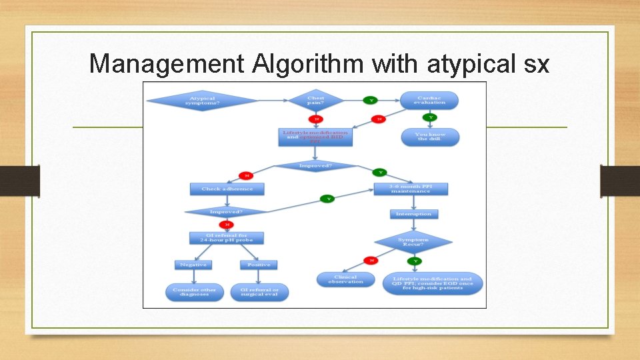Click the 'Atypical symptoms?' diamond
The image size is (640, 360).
point(202,101)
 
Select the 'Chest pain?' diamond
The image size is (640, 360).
point(315,100)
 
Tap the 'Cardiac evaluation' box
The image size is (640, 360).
point(429,100)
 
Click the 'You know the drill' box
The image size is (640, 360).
point(431,137)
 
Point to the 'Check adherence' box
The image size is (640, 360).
point(227,189)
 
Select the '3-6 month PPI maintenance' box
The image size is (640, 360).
point(410,189)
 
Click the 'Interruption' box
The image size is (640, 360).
point(413,214)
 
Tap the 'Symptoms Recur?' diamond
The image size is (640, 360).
point(413,241)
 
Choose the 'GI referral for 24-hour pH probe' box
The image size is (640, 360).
point(227,237)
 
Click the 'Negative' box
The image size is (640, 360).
point(193,265)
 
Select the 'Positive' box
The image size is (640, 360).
point(259,265)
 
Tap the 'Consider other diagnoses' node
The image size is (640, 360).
point(193,292)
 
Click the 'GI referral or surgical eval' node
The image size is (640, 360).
point(259,292)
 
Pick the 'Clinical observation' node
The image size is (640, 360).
point(345,280)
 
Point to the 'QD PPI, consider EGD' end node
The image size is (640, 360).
point(433,283)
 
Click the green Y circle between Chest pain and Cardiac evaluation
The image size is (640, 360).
point(371,100)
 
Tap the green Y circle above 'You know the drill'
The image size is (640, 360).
point(431,117)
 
